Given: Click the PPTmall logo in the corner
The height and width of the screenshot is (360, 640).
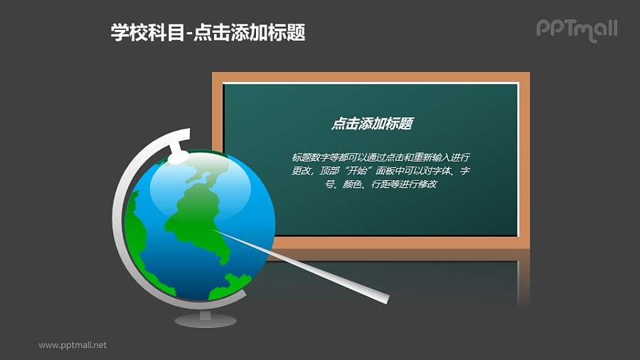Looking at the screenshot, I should point(576,29).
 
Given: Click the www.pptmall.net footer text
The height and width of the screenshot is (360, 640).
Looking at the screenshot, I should point(73,345).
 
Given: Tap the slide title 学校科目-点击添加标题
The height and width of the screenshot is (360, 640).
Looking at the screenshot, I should point(208,32).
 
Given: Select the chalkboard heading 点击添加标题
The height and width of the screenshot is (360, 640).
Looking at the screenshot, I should point(372,124).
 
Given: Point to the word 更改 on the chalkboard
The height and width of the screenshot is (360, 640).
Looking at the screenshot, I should point(302,171).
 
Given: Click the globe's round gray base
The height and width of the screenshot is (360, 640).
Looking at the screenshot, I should point(205,321).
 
